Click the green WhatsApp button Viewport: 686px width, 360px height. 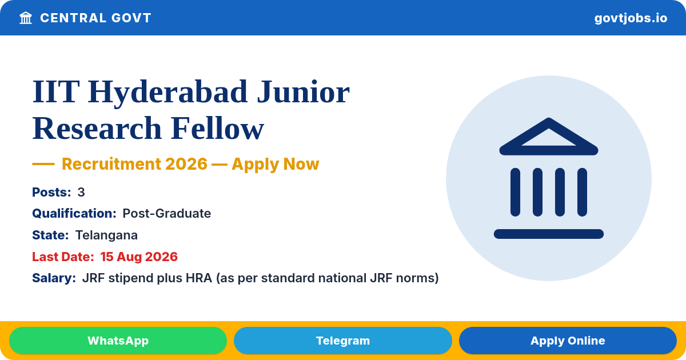pos(118,341)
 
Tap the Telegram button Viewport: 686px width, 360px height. pos(342,341)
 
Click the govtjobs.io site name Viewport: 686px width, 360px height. pos(631,18)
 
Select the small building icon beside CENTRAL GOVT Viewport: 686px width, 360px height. pos(26,18)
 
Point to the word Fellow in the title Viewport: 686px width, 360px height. pos(217,128)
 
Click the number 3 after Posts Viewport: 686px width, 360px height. pos(81,192)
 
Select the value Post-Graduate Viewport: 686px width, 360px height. pos(166,213)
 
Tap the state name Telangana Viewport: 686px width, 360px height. pos(106,235)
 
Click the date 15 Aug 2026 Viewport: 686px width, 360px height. pos(139,257)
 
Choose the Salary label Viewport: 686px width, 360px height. pos(54,278)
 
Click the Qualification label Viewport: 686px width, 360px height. pos(74,213)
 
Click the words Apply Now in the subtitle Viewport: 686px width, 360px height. pos(276,164)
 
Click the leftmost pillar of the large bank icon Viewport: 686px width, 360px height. pos(515,192)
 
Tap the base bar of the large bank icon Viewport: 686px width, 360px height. pos(549,234)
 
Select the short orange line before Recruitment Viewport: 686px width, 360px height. pos(43,164)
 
